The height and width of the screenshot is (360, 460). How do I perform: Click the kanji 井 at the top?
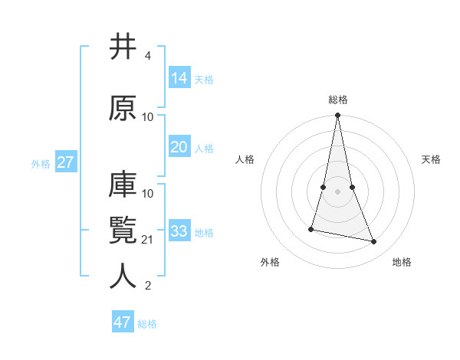[123, 47]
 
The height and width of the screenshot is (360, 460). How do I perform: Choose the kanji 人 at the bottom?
[123, 277]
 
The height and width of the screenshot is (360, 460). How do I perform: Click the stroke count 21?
[147, 240]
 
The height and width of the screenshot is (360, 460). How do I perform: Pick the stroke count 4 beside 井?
[147, 57]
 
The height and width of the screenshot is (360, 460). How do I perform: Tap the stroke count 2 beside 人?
[147, 286]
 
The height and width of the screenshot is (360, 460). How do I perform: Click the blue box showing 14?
[179, 78]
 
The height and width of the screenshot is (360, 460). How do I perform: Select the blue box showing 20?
[179, 147]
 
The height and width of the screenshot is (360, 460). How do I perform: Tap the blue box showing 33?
[179, 231]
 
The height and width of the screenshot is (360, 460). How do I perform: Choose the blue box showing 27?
[65, 162]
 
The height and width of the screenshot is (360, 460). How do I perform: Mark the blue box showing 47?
[123, 322]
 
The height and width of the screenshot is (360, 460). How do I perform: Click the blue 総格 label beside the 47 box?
[147, 324]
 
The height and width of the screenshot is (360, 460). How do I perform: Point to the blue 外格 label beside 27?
[41, 163]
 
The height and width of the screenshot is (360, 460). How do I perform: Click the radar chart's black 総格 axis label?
[338, 100]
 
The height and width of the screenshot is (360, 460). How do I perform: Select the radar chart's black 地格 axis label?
[402, 262]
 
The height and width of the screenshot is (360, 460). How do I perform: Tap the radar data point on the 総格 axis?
[337, 116]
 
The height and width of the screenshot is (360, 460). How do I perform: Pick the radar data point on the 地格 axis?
[374, 242]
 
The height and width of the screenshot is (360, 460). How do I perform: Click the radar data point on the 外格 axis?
[311, 229]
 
